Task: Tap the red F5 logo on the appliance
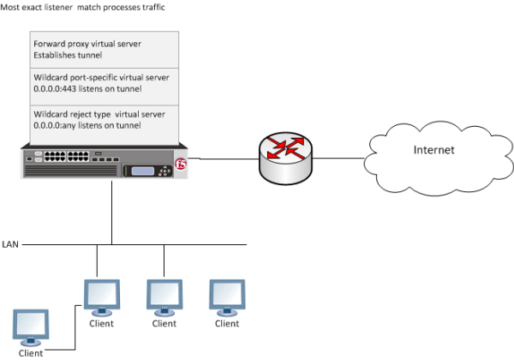[x=179, y=166]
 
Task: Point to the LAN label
[x=9, y=244]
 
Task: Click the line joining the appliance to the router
[x=225, y=158]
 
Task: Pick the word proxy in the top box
[x=82, y=42]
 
